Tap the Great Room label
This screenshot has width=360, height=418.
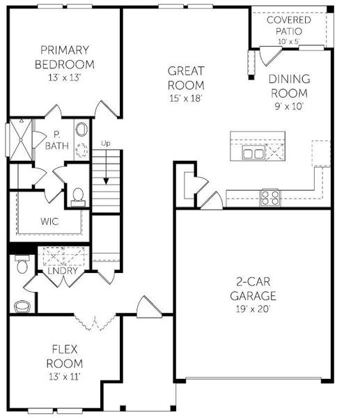coord(185,78)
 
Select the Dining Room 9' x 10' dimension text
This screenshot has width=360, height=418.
coord(289,107)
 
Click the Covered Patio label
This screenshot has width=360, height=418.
coord(289,26)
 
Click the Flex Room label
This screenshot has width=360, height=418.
coord(68,356)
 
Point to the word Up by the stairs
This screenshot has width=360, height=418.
coord(106,144)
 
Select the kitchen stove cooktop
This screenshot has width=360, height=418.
coord(269,196)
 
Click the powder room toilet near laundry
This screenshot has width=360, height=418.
coord(21,265)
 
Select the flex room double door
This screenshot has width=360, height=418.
coord(93,323)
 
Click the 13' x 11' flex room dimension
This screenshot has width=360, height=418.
coord(68,377)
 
